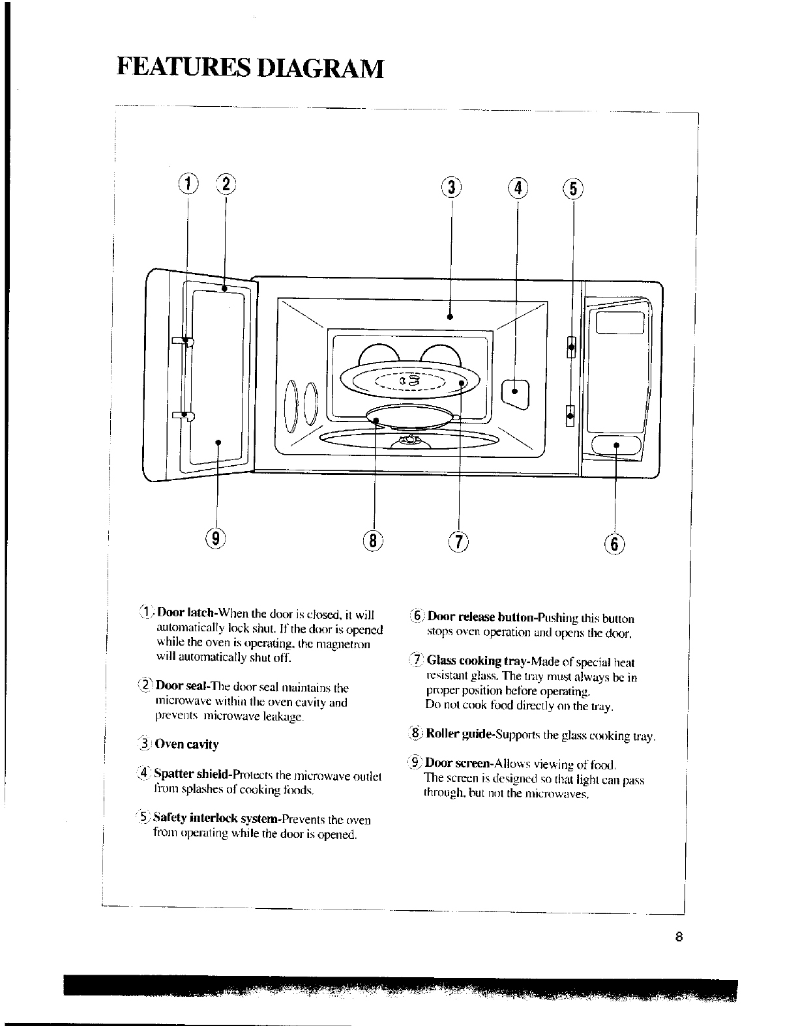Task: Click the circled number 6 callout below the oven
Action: [x=615, y=542]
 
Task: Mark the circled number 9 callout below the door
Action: [x=216, y=539]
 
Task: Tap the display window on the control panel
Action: [x=619, y=322]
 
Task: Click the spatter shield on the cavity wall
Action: [x=515, y=391]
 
